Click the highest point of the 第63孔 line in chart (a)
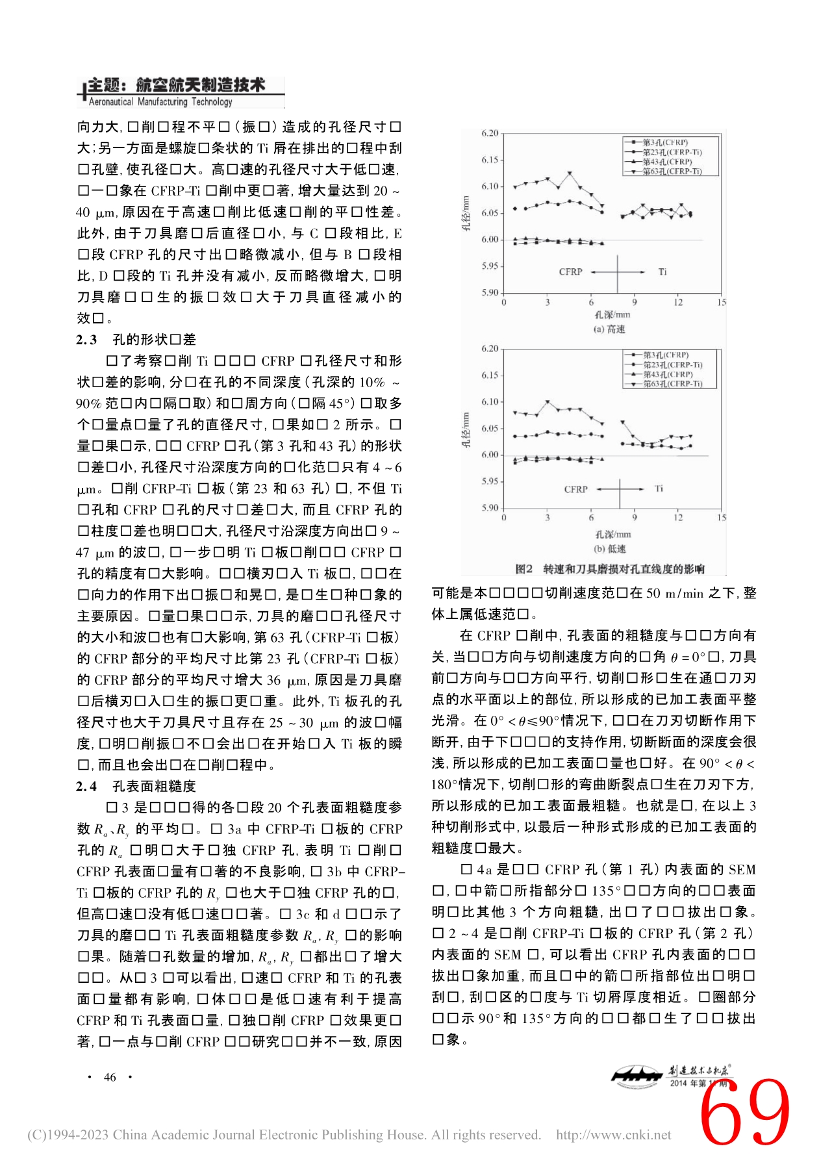click(x=570, y=173)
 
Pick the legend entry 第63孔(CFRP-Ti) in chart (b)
click(x=672, y=384)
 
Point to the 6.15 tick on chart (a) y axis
click(x=490, y=160)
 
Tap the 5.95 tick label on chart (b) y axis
click(x=490, y=481)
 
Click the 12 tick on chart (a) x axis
click(x=678, y=302)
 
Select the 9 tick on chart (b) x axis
click(x=635, y=518)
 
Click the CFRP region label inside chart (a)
click(x=570, y=272)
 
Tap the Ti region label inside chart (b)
click(x=659, y=488)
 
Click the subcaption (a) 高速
click(x=609, y=329)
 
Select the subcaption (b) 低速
click(x=609, y=549)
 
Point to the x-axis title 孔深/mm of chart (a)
click(x=612, y=315)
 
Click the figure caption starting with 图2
click(x=609, y=569)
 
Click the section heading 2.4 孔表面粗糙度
click(x=136, y=786)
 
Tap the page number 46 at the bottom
click(x=110, y=1077)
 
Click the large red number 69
click(x=746, y=1112)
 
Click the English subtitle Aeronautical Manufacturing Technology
click(x=160, y=102)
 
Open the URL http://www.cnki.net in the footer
click(x=613, y=1135)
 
